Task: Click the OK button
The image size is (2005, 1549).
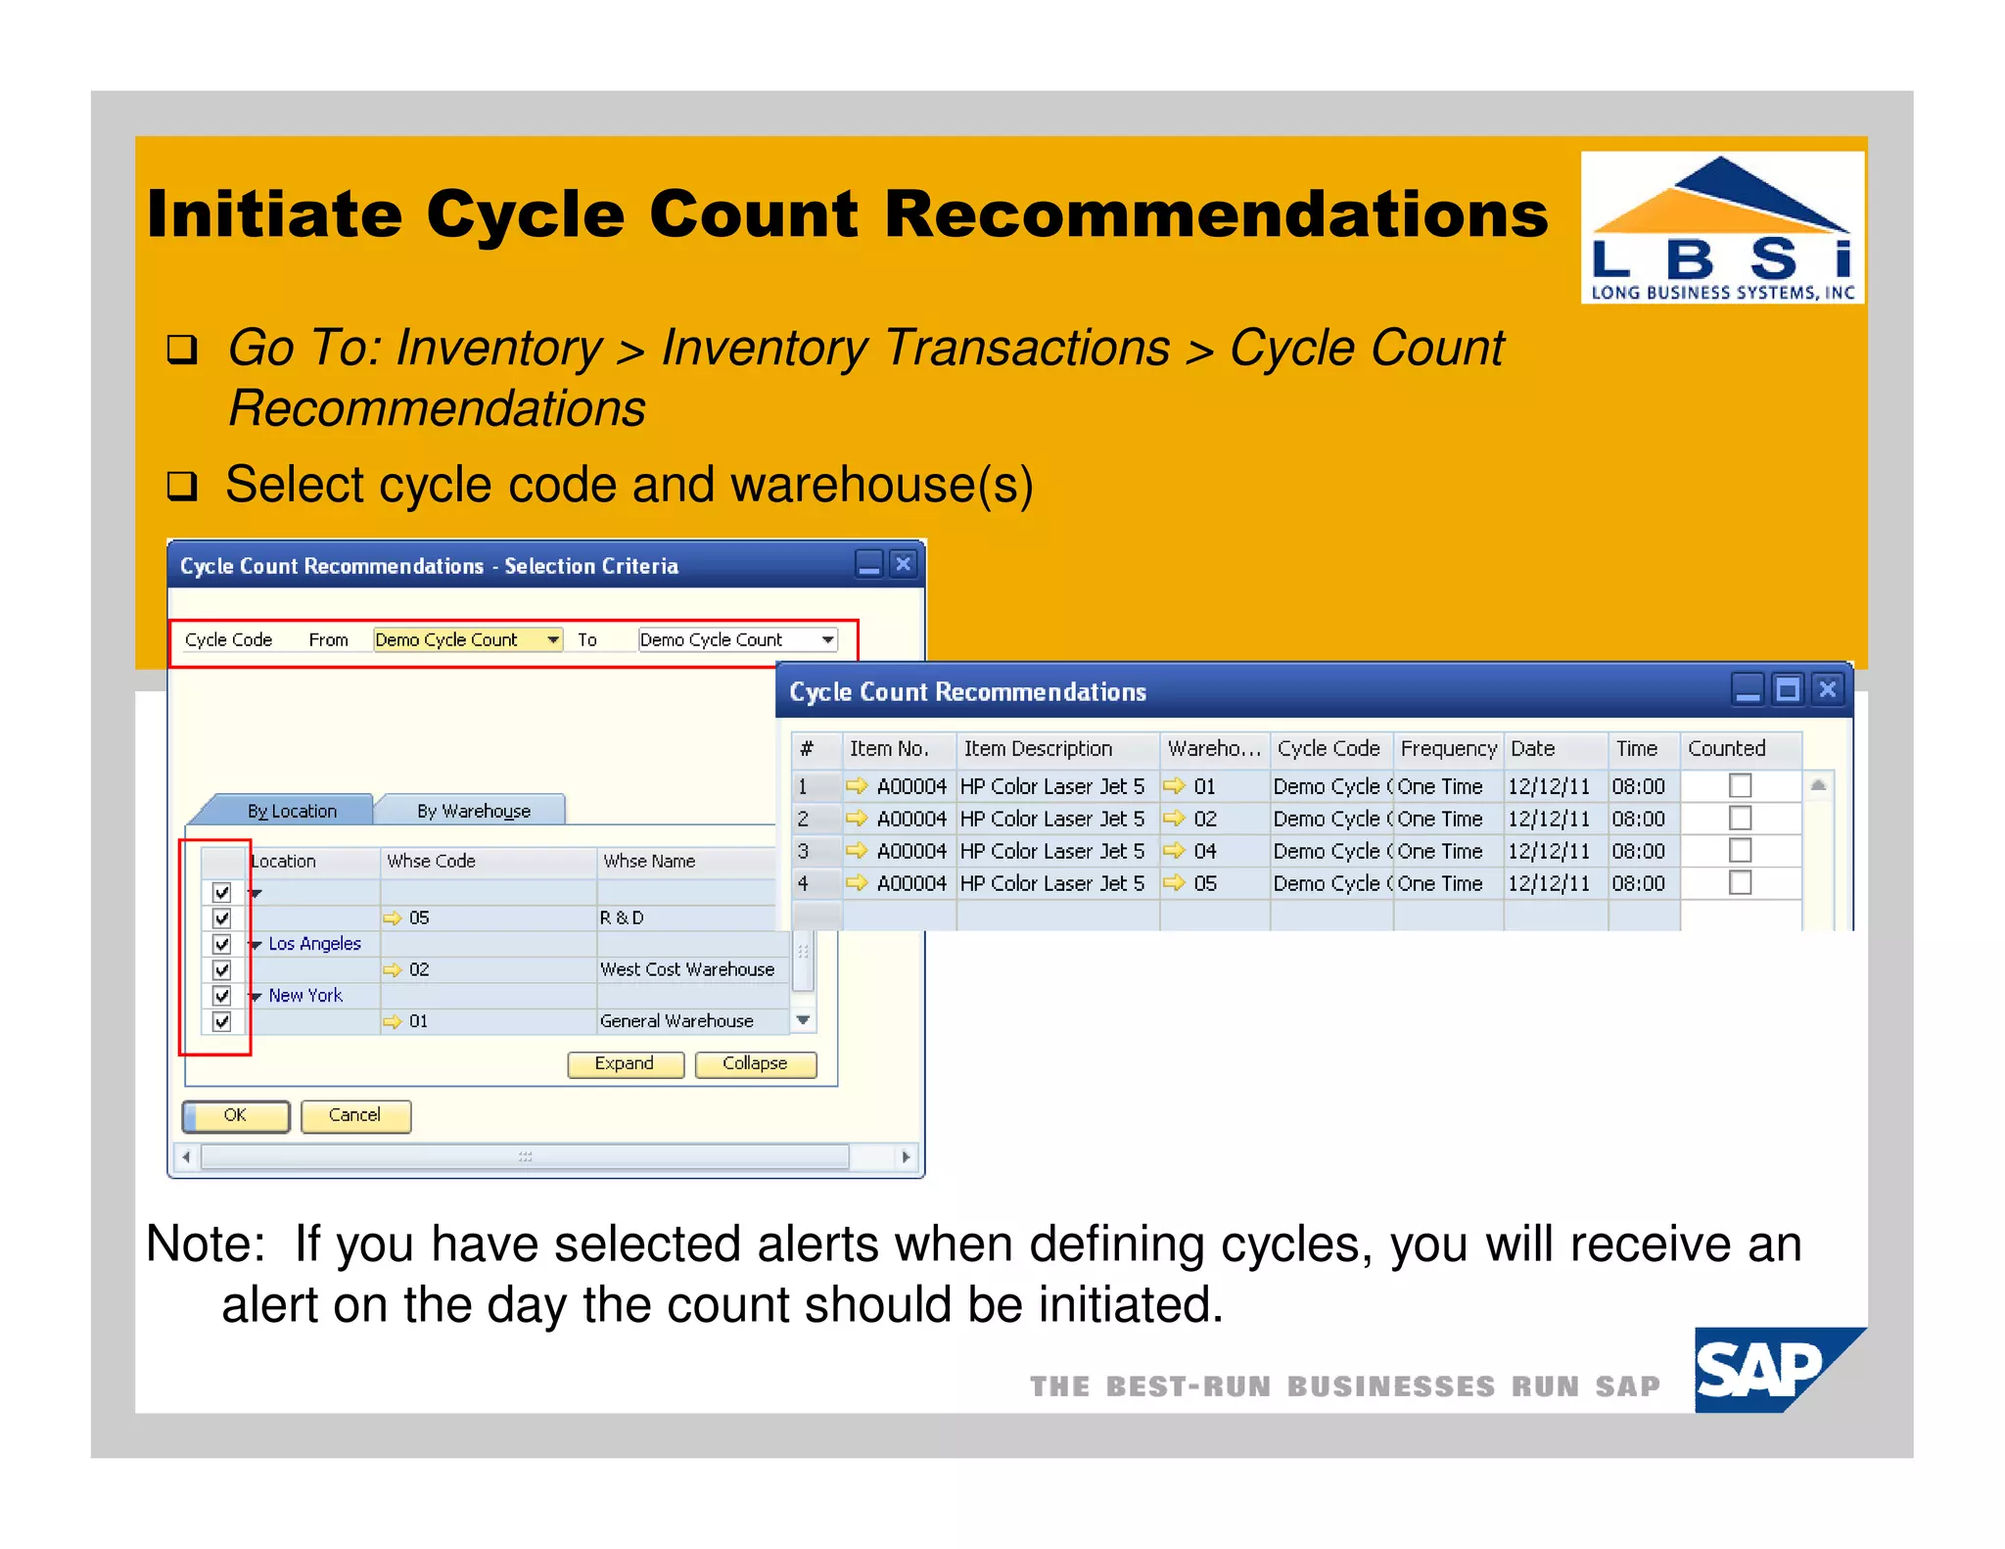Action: point(236,1115)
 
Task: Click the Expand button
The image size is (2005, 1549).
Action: point(625,1063)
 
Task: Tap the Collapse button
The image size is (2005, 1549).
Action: point(755,1063)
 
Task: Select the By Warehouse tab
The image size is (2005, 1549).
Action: point(473,811)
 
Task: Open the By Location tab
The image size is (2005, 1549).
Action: point(292,811)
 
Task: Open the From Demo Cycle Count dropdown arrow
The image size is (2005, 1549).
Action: point(553,639)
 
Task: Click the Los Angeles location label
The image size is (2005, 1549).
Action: point(314,943)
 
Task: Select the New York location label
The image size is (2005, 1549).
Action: point(305,995)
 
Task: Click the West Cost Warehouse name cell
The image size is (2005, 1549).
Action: point(687,969)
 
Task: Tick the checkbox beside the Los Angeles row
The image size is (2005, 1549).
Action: point(222,944)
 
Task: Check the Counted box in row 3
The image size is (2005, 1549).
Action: point(1740,850)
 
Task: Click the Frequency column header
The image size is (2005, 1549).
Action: point(1448,748)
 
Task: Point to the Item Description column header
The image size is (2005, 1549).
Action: point(1038,748)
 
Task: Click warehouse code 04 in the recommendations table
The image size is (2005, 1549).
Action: point(1204,851)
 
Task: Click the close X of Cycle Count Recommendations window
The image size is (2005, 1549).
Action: point(1827,689)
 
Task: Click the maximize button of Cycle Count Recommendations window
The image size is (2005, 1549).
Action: point(1788,689)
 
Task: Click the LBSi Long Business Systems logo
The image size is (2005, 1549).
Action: point(1722,227)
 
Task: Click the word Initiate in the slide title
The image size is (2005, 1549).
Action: point(274,213)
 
